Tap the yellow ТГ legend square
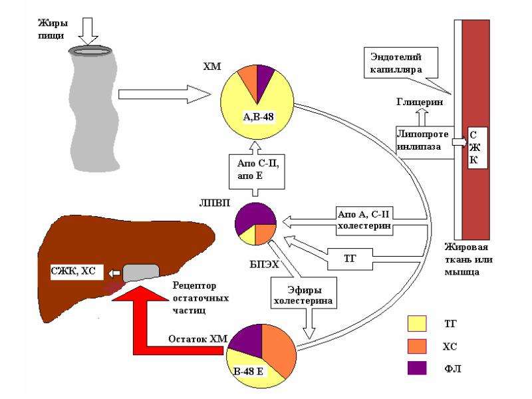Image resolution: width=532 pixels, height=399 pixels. [x=417, y=324]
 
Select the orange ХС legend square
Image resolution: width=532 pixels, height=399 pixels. [x=417, y=346]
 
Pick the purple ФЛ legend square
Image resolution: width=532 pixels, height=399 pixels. [x=417, y=368]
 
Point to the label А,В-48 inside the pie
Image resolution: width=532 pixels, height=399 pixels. [x=258, y=117]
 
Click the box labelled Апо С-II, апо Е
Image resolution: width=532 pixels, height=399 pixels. [x=257, y=172]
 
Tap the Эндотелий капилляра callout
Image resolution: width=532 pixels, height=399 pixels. [x=400, y=63]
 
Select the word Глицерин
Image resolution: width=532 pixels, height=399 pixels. [x=420, y=102]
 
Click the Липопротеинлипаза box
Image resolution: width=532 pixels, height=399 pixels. [x=424, y=141]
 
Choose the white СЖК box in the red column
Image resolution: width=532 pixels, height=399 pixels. [x=477, y=148]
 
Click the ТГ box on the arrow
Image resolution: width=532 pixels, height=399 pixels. [x=350, y=259]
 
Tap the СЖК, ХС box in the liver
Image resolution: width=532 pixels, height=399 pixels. [x=76, y=271]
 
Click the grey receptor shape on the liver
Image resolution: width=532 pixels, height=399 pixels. [x=140, y=273]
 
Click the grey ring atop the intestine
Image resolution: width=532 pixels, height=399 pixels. [x=90, y=51]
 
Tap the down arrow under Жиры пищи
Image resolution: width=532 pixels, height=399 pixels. [x=88, y=31]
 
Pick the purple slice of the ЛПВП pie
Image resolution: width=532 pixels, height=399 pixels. [x=254, y=217]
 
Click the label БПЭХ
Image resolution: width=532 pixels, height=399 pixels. [x=264, y=264]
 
